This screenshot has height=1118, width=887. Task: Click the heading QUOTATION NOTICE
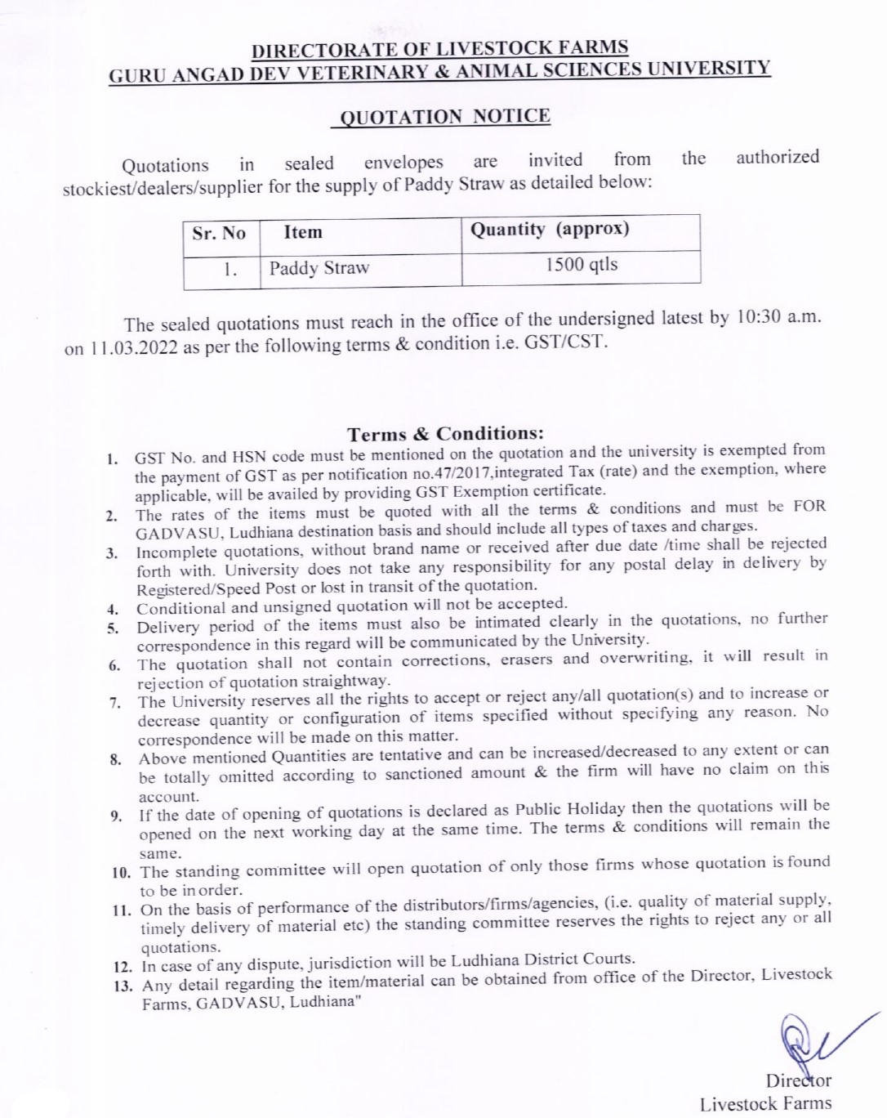click(x=444, y=116)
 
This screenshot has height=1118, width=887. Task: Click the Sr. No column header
click(x=219, y=233)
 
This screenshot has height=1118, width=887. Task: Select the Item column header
click(x=303, y=232)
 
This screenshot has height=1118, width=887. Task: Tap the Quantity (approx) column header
click(x=550, y=229)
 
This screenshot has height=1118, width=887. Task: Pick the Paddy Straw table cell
click(x=319, y=268)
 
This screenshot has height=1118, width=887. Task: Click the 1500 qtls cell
click(x=582, y=265)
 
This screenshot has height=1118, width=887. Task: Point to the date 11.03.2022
click(x=132, y=347)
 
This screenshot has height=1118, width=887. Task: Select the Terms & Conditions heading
click(x=445, y=433)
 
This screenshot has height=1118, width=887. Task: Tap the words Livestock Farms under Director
click(x=765, y=1104)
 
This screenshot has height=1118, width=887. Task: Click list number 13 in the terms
click(x=124, y=986)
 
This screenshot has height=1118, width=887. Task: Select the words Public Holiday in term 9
click(x=570, y=809)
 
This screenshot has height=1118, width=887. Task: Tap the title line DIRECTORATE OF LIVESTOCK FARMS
click(x=440, y=49)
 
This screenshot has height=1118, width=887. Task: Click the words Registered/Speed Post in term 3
click(x=210, y=588)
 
